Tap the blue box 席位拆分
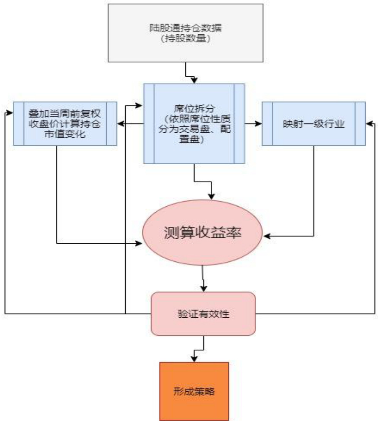tap(194, 123)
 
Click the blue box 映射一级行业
tap(313, 123)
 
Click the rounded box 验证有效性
tap(203, 313)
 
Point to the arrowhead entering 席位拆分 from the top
tap(195, 81)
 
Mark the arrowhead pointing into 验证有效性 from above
tap(203, 289)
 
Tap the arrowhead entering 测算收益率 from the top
tap(211, 197)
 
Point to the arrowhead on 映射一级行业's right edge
tap(369, 123)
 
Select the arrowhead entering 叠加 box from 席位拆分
tap(120, 123)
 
